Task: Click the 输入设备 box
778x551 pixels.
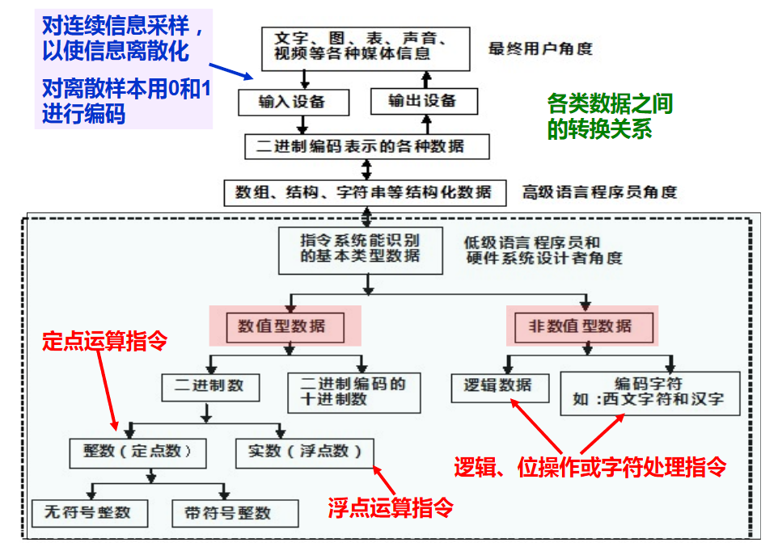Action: (x=292, y=102)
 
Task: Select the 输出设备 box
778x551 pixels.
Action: (x=423, y=101)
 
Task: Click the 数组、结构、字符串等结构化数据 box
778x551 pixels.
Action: (x=364, y=192)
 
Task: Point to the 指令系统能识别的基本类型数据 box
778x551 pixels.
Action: (x=361, y=249)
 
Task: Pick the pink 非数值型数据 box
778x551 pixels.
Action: (x=580, y=326)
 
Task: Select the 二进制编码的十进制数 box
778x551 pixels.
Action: (x=353, y=391)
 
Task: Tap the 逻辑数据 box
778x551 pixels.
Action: (x=498, y=385)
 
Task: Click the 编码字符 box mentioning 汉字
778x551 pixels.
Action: (x=649, y=393)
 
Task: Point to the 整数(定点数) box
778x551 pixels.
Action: (x=137, y=451)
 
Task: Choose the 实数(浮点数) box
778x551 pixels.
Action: (x=305, y=451)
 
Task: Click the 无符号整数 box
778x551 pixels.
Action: (x=87, y=512)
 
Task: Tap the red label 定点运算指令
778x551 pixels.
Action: (x=105, y=341)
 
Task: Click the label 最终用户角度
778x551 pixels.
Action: (x=540, y=48)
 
